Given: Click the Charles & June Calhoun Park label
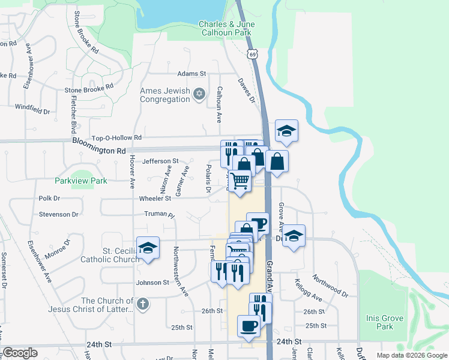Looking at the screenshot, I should click(227, 28).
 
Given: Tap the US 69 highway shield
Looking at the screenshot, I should click(253, 55).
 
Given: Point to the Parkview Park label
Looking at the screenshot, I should click(80, 180).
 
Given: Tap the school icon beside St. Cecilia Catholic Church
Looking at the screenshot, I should click(147, 248).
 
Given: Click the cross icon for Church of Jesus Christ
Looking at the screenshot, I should click(142, 304).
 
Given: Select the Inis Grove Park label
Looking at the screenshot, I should click(379, 322).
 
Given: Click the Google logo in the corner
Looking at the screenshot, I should click(20, 353).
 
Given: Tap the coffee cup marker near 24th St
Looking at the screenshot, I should click(249, 326).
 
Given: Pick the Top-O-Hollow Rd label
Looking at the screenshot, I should click(116, 137).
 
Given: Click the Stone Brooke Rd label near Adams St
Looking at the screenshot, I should click(89, 87).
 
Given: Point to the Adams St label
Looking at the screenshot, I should click(191, 73).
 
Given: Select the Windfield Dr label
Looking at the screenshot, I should click(32, 109).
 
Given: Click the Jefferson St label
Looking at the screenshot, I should click(160, 161).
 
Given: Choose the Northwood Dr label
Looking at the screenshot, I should click(330, 286).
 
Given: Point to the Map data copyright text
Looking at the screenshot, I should click(411, 355).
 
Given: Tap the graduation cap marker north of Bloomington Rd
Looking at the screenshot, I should click(287, 131).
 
